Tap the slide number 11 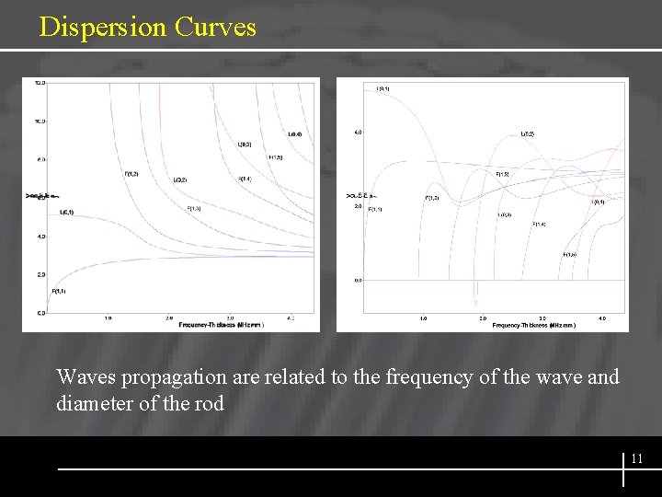(x=636, y=457)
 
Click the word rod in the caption (x=209, y=403)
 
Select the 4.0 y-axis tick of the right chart (x=358, y=133)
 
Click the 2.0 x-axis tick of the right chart (x=483, y=318)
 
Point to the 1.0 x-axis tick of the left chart (x=108, y=318)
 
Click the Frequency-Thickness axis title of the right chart (x=532, y=326)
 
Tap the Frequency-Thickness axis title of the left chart (x=222, y=325)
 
